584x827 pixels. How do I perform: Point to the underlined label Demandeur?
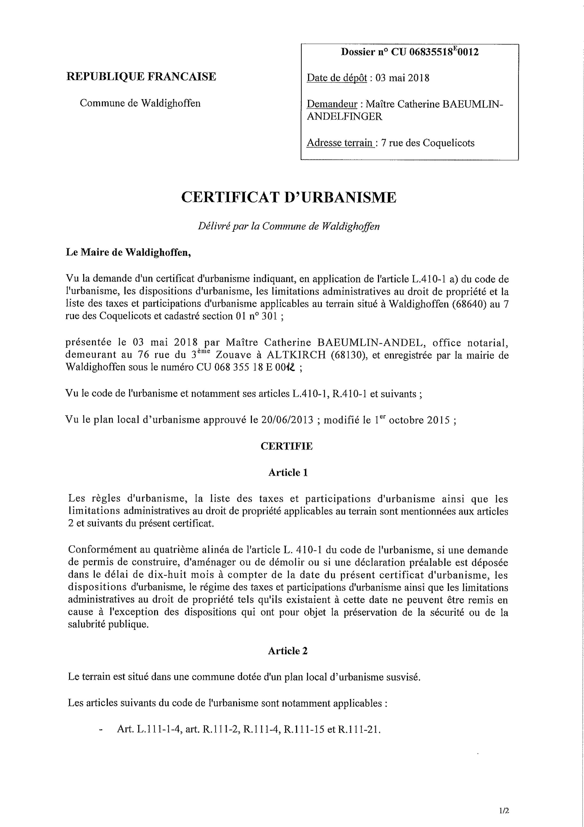[x=332, y=104]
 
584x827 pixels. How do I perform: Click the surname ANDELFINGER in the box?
[x=344, y=117]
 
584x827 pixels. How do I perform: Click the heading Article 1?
[x=288, y=473]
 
